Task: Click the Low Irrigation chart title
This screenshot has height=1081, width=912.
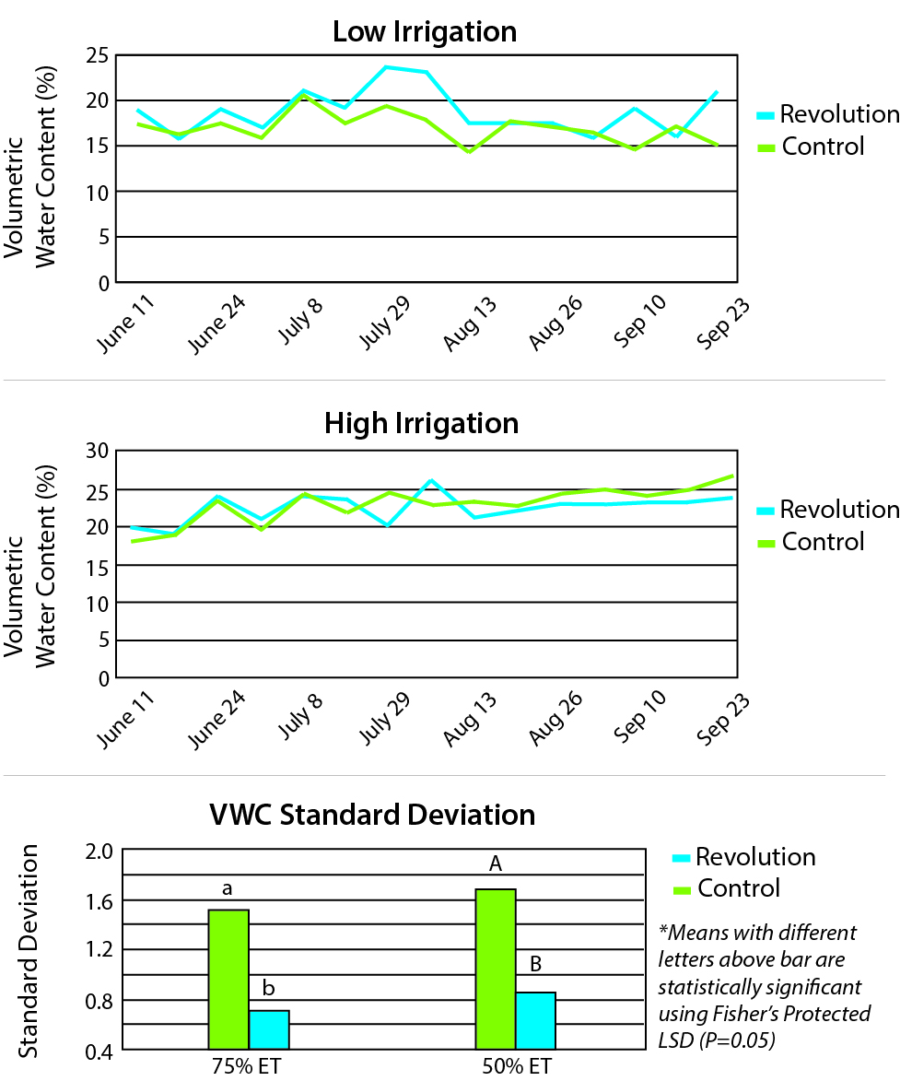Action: pyautogui.click(x=424, y=32)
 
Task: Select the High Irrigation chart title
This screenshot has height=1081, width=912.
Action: pyautogui.click(x=421, y=424)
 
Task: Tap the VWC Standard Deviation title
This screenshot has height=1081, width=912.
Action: pyautogui.click(x=372, y=816)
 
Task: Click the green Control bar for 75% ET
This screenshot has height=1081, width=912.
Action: pyautogui.click(x=228, y=979)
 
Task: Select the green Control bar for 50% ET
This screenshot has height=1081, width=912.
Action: pyautogui.click(x=496, y=969)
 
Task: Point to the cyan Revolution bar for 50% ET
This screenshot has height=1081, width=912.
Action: pyautogui.click(x=535, y=1020)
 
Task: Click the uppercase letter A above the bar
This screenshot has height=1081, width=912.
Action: pyautogui.click(x=496, y=864)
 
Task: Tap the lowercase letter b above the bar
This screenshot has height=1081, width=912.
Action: pyautogui.click(x=269, y=989)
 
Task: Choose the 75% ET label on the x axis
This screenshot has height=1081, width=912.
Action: pyautogui.click(x=249, y=1067)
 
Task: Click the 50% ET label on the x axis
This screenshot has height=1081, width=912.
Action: pyautogui.click(x=516, y=1067)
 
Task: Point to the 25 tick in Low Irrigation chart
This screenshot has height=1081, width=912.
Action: pyautogui.click(x=97, y=56)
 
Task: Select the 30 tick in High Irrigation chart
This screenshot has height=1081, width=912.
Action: pyautogui.click(x=97, y=452)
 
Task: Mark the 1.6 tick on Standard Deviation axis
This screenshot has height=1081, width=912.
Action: pyautogui.click(x=92, y=900)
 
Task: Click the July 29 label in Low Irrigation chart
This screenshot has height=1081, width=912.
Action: pyautogui.click(x=383, y=323)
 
